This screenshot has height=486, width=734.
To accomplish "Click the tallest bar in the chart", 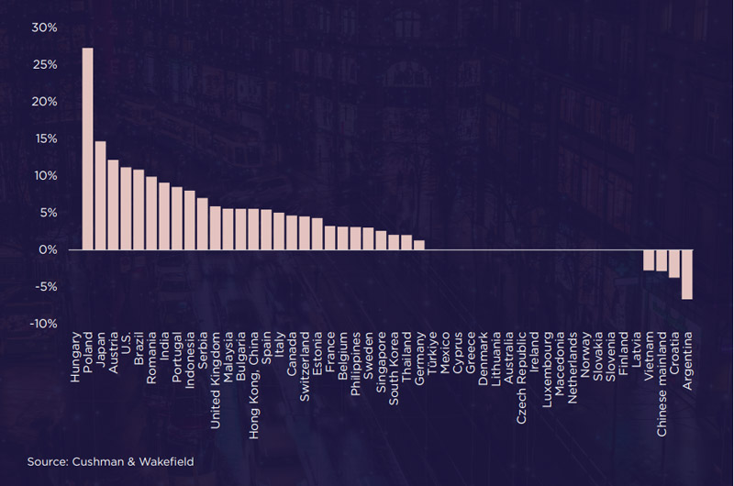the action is click(87, 149).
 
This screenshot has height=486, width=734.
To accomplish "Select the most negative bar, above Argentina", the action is click(687, 274).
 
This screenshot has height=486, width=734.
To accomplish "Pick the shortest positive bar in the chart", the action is click(419, 245).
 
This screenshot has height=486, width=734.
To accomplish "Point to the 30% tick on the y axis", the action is click(44, 28).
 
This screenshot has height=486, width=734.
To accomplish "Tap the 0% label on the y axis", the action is click(49, 249).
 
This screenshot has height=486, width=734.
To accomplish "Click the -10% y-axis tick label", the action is click(43, 324).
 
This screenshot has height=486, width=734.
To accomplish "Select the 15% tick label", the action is click(45, 139).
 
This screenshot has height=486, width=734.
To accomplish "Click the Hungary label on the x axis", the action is click(75, 357).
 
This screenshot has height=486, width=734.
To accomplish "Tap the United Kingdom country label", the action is click(216, 381).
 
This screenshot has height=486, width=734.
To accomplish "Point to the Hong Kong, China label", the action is click(254, 385).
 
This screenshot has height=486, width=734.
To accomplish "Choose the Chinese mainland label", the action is click(662, 384).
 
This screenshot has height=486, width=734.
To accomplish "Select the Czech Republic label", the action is click(521, 378).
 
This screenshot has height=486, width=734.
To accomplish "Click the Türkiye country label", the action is click(432, 353).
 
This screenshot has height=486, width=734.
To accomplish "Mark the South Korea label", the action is click(394, 369).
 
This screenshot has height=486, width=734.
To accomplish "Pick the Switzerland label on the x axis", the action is click(305, 366).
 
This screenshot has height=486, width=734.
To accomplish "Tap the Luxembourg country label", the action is click(547, 370).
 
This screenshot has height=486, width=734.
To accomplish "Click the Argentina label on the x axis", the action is click(687, 360).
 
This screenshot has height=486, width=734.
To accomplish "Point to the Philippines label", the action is click(356, 363).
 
